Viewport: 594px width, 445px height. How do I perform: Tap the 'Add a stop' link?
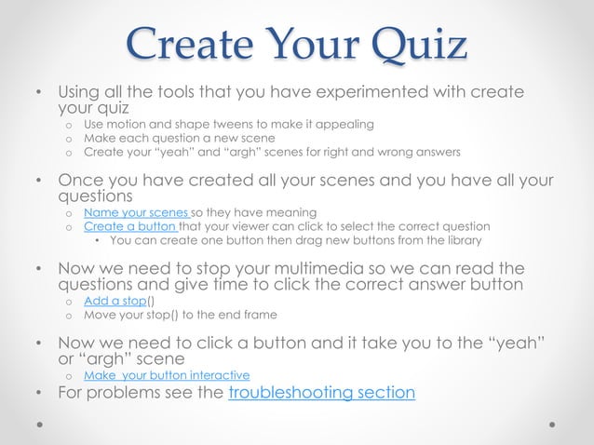coord(115,301)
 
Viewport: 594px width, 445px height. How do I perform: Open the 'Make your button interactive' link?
coord(167,375)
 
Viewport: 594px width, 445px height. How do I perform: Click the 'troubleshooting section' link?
coord(322,392)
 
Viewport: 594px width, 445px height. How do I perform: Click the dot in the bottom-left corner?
coord(40,423)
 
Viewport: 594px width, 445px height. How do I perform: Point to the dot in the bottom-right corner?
coord(552,423)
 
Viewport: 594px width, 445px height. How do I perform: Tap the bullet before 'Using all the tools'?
coord(38,93)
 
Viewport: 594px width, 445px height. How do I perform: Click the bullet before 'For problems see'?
coord(38,393)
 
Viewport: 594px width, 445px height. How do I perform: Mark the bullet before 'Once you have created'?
coord(38,181)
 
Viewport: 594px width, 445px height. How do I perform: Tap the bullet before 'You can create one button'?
coord(99,240)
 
